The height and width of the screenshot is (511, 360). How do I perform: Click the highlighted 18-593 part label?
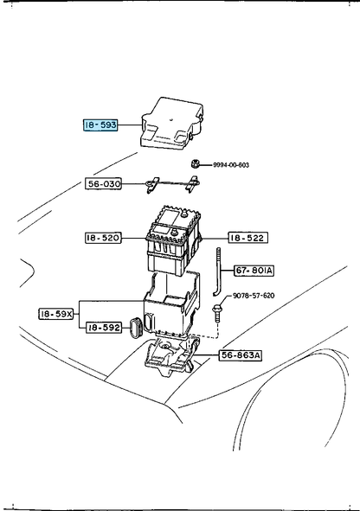100,125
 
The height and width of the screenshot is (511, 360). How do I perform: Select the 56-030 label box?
103,184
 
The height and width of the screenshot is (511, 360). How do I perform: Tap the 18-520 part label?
103,238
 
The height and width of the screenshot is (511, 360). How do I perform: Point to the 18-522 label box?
247,238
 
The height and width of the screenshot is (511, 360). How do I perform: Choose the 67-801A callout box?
254,271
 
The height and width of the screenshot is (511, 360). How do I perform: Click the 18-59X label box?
56,314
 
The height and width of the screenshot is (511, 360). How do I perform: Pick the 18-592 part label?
104,327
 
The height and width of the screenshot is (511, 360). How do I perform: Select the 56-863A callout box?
241,355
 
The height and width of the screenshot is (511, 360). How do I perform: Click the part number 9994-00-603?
231,165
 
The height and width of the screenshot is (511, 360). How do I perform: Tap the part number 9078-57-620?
254,296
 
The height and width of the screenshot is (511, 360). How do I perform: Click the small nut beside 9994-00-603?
195,163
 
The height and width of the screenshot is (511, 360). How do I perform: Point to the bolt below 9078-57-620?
216,313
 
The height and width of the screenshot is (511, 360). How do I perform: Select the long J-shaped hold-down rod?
217,272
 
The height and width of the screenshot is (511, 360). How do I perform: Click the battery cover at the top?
172,124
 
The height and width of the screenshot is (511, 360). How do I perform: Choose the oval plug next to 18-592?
135,328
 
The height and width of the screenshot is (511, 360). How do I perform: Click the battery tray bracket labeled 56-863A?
171,357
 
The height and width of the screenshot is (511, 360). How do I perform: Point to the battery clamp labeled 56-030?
172,184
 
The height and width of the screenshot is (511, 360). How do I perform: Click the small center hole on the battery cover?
171,119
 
